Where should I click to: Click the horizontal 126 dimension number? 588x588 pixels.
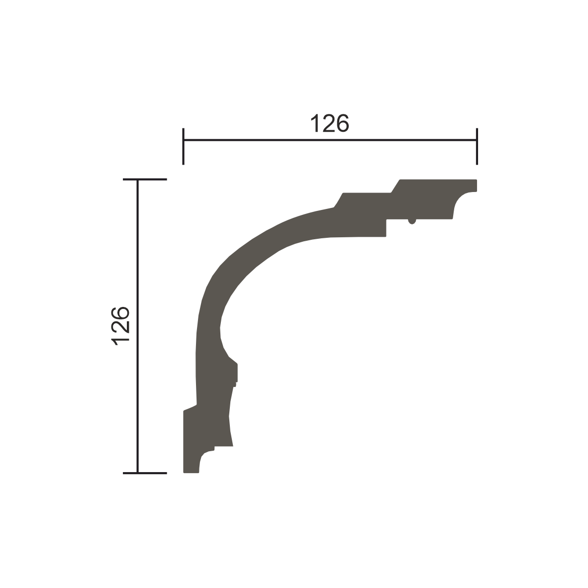[x=330, y=123]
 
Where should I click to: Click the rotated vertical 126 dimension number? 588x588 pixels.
[x=120, y=326]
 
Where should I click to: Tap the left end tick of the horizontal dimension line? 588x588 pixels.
[x=184, y=146]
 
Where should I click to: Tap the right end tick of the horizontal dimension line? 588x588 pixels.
[x=477, y=146]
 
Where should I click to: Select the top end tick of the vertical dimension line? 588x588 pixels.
[x=145, y=180]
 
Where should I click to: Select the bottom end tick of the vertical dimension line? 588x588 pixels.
[x=145, y=473]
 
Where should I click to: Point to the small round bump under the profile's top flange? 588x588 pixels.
[x=412, y=222]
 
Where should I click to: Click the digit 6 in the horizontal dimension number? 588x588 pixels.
[x=343, y=123]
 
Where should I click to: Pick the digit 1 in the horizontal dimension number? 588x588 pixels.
[x=315, y=123]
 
